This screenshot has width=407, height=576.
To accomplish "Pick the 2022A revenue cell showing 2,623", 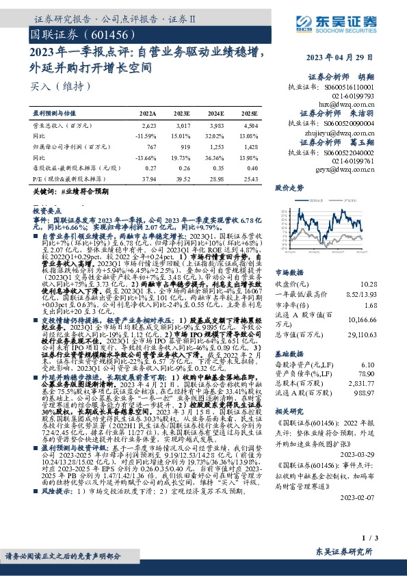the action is coord(148,126).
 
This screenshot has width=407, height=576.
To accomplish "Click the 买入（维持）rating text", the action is coord(51,87).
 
